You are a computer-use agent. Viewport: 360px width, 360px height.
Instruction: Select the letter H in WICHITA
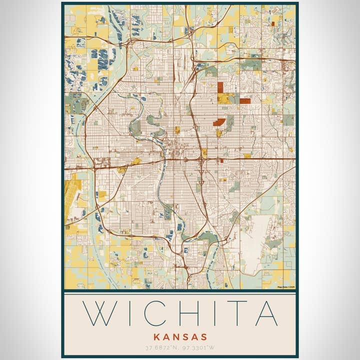(x=191, y=313)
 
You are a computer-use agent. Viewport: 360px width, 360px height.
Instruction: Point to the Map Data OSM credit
(x=286, y=287)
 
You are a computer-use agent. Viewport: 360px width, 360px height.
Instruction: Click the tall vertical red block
(x=220, y=87)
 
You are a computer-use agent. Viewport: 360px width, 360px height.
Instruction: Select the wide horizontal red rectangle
(x=244, y=101)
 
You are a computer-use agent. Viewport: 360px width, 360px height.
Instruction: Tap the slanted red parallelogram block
(x=219, y=122)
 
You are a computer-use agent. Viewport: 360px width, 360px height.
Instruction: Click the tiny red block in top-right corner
(x=273, y=23)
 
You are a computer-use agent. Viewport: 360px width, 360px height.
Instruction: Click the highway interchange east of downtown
(x=201, y=160)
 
